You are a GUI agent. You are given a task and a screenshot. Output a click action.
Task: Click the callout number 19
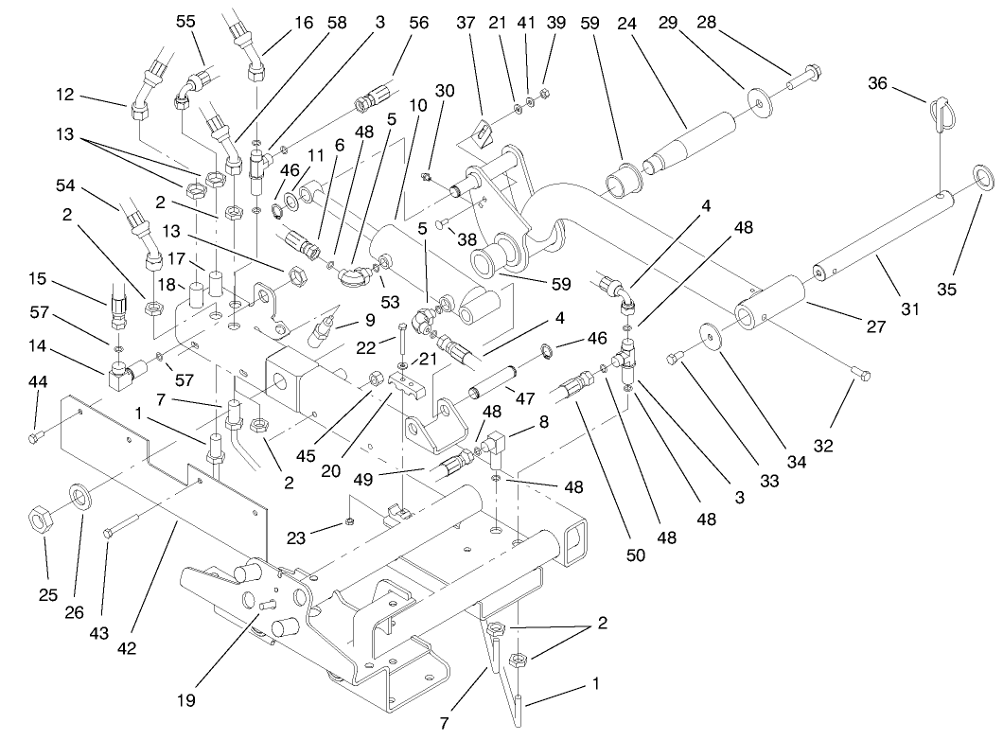click(x=185, y=700)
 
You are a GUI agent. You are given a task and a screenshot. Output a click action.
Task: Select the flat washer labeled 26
click(x=79, y=495)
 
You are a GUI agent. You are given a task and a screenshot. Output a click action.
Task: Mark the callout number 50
click(x=635, y=555)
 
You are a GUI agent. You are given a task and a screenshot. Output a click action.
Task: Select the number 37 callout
click(x=465, y=23)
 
